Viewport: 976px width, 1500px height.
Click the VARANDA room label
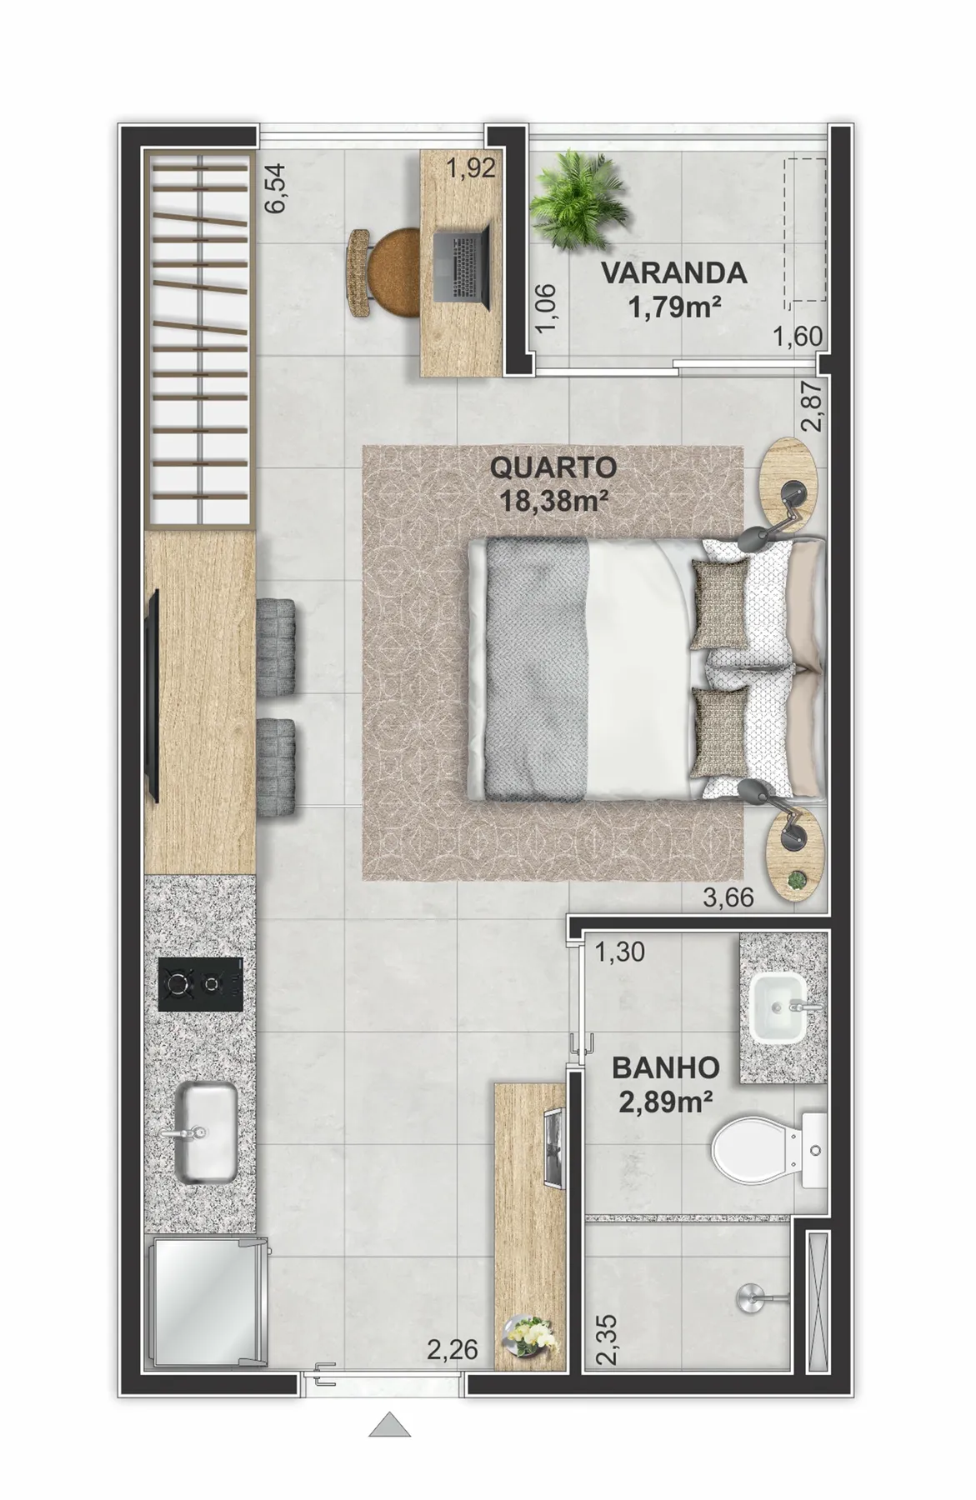point(674,273)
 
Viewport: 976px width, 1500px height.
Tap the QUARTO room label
point(553,467)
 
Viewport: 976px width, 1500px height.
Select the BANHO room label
point(665,1067)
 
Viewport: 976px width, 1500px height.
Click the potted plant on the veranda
point(580,202)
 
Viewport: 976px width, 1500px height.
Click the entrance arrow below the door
point(390,1425)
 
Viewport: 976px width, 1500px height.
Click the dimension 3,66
point(728,897)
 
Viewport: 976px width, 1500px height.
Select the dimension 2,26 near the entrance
point(453,1348)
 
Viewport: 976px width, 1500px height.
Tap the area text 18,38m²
point(553,499)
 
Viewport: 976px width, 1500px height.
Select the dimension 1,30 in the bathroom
point(619,952)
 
